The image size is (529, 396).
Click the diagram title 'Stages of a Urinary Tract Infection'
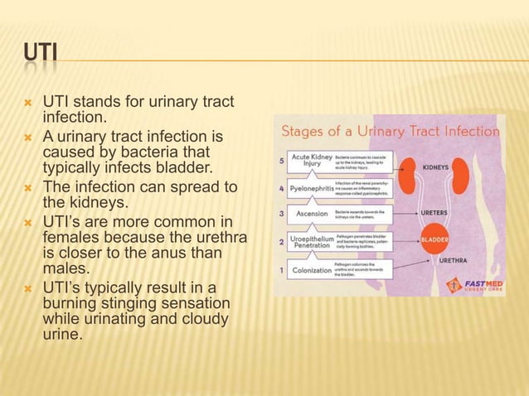[x=391, y=131]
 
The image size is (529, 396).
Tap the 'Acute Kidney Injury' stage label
[x=311, y=159]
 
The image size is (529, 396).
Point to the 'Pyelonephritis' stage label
[x=311, y=188]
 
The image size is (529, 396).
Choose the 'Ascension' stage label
[x=311, y=215]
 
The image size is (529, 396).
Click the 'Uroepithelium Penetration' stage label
[x=311, y=242]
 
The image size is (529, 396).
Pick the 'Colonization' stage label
[x=311, y=269]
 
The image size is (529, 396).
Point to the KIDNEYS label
[x=483, y=167]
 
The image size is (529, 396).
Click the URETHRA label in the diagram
[x=478, y=259]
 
